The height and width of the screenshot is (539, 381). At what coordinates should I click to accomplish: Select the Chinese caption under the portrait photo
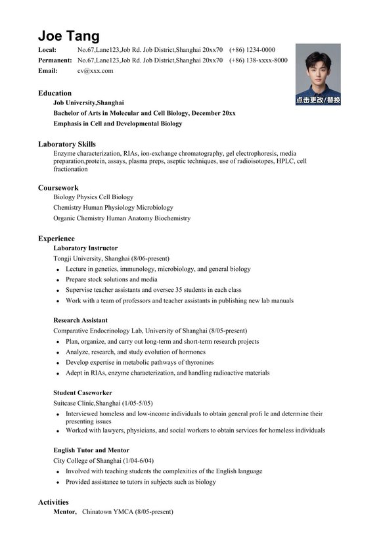point(318,101)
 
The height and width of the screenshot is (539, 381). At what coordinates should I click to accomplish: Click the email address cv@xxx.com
point(95,70)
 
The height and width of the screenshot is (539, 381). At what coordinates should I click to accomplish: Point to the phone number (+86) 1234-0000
point(252,49)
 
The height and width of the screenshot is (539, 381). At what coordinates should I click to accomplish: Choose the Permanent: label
point(55,60)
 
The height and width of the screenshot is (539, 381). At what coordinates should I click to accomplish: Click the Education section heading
point(55,93)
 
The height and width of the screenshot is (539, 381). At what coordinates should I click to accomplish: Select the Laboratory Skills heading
point(66,144)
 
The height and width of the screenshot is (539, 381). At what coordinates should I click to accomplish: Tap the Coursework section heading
point(58,187)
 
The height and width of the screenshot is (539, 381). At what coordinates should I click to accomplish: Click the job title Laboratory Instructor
point(85,248)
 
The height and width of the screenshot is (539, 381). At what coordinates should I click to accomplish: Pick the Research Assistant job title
point(80,320)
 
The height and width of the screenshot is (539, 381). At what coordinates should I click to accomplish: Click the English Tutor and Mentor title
point(91,450)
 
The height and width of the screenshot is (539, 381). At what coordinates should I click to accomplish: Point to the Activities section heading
point(53,502)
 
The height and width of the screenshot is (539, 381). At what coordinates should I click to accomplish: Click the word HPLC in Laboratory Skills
point(285,161)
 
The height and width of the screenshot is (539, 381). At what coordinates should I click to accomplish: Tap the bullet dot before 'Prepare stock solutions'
point(58,280)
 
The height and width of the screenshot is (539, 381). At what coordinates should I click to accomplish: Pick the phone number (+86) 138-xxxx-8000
point(258,60)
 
